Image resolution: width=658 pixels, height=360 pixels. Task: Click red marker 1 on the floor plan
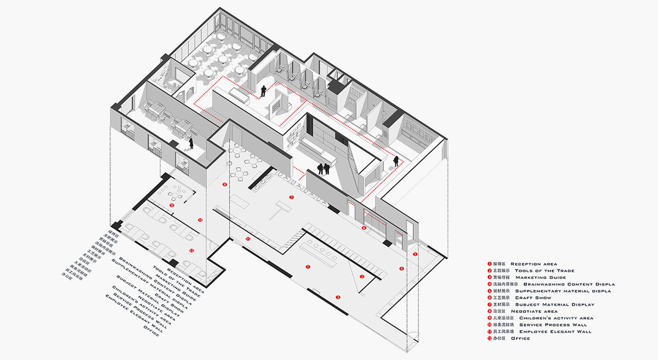pyautogui.click(x=308, y=267)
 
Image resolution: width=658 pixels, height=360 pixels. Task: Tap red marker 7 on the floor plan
pyautogui.click(x=292, y=197)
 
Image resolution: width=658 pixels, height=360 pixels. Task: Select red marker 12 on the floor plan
pyautogui.click(x=191, y=250)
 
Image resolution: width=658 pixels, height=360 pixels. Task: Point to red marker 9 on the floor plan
pyautogui.click(x=172, y=205)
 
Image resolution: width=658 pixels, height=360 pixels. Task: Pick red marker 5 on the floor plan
pyautogui.click(x=415, y=254)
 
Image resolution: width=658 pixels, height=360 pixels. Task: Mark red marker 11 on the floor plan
pyautogui.click(x=248, y=239)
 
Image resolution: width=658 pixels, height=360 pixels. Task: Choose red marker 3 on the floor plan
pyautogui.click(x=338, y=297)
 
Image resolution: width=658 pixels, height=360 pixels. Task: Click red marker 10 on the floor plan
pyautogui.click(x=200, y=220)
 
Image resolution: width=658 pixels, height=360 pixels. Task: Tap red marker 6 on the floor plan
pyautogui.click(x=364, y=227)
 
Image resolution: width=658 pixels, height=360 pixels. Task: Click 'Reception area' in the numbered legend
pyautogui.click(x=534, y=264)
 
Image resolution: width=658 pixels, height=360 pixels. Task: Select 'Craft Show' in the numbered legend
pyautogui.click(x=533, y=298)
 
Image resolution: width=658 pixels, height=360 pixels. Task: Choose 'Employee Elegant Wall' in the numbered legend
pyautogui.click(x=545, y=332)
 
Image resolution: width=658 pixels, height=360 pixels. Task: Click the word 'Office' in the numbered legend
pyautogui.click(x=520, y=339)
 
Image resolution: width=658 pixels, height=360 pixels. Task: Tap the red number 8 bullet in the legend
pyautogui.click(x=489, y=311)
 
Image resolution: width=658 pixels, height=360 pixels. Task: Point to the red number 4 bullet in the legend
pyautogui.click(x=489, y=284)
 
